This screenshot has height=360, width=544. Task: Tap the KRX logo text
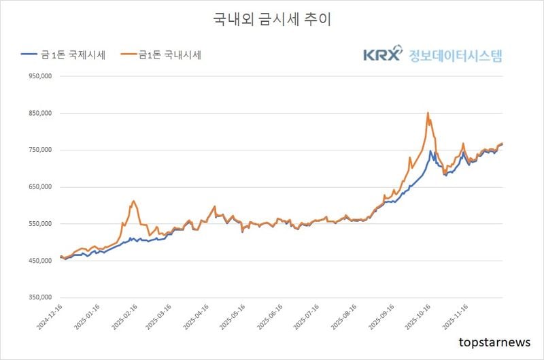click(381, 55)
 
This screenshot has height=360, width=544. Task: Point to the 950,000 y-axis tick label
click(41, 77)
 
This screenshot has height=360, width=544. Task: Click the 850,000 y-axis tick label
click(41, 114)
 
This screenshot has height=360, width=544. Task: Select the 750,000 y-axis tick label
click(41, 150)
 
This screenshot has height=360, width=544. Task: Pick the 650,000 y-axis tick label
click(41, 187)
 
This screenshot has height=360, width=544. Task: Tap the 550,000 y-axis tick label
click(41, 224)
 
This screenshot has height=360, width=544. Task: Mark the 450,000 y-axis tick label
click(41, 261)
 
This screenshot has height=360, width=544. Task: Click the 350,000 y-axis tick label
click(41, 297)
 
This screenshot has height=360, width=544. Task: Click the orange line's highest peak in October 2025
click(427, 113)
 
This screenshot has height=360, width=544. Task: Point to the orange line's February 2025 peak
click(133, 201)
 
